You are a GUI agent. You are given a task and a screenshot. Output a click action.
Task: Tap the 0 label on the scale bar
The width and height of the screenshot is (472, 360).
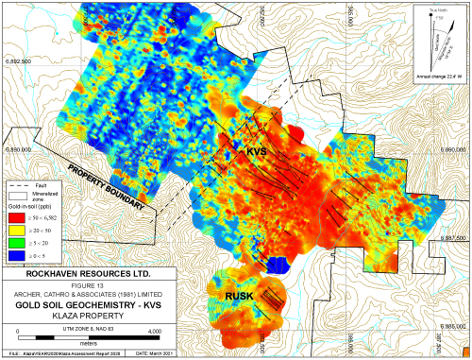coord(21,329)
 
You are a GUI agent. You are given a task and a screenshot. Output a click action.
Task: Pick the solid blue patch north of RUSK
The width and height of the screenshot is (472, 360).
coord(276,265)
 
